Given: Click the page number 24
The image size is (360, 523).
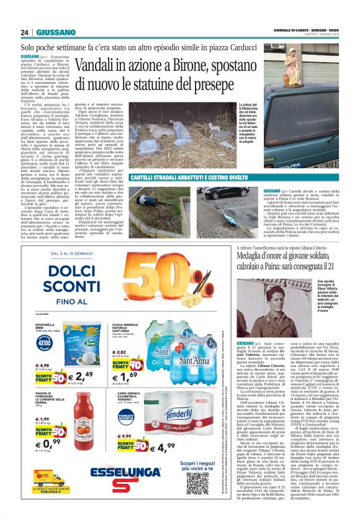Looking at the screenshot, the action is click(x=25, y=32).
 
